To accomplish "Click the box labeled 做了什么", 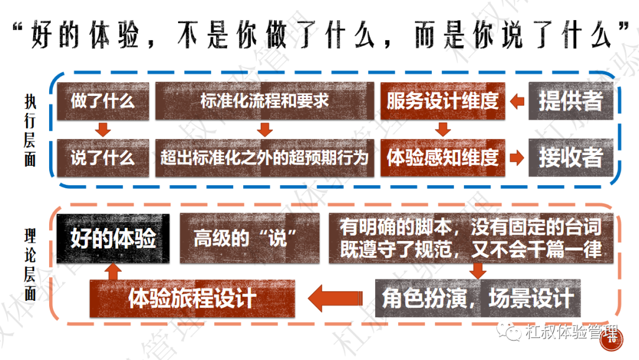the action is tap(103, 101).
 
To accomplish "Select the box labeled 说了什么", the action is tap(103, 157).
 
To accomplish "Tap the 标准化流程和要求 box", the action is tap(264, 101).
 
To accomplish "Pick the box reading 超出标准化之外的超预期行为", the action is tap(264, 157).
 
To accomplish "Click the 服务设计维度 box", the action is tap(443, 101).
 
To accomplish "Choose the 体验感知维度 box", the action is tap(443, 157).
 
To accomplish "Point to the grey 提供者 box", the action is tap(570, 101).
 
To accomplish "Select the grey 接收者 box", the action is tap(570, 157).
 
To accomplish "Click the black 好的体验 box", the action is tap(113, 239).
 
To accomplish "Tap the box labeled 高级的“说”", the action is tap(250, 239).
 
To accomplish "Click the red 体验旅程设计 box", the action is tap(192, 298).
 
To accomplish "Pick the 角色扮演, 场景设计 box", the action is tap(477, 298).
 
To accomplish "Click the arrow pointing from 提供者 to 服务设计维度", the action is tap(517, 101).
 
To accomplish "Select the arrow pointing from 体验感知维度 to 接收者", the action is tap(517, 157).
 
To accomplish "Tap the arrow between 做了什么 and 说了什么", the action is tap(103, 130).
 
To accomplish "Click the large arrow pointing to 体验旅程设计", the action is tap(335, 298).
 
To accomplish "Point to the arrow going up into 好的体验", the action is tap(113, 272).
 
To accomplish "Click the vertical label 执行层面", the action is tap(30, 130).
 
